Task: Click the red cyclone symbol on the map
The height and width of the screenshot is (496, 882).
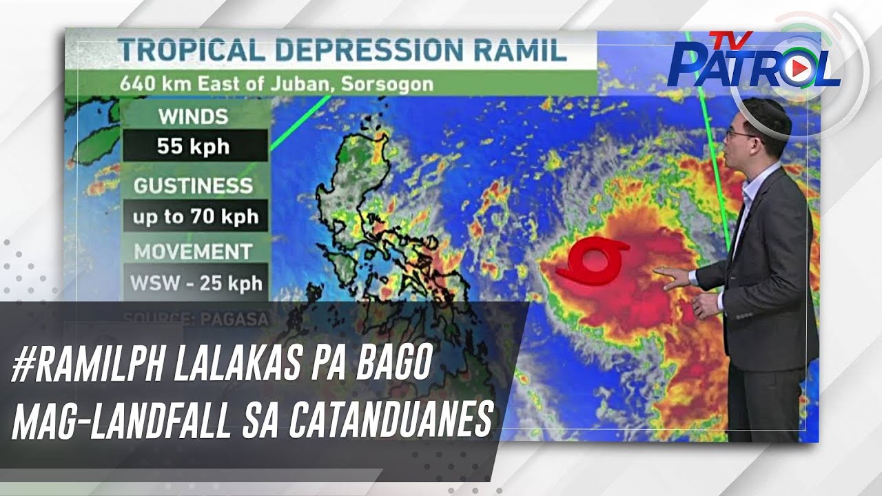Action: tap(593, 260)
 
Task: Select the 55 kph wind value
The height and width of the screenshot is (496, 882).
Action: tap(193, 146)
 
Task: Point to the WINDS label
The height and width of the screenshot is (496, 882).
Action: tap(193, 116)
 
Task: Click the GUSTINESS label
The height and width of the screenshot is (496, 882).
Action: tap(193, 186)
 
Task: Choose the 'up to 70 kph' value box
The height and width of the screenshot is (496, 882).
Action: tap(196, 217)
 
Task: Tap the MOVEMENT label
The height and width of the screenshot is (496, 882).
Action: tap(193, 251)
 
